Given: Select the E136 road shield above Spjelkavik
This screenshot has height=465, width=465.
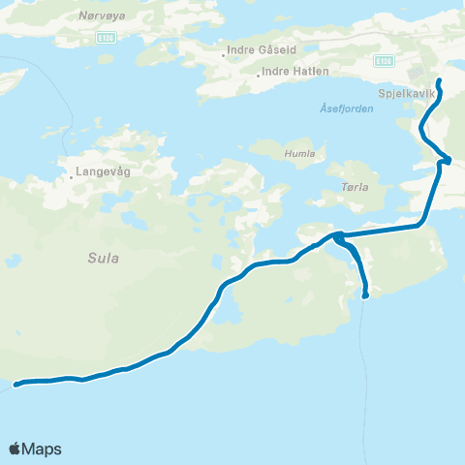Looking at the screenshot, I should coord(385,60).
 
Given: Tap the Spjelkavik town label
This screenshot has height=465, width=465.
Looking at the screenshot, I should coord(405,96).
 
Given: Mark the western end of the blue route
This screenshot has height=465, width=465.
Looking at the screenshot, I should coord(16,385).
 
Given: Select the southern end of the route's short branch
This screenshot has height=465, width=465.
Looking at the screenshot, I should coord(365,294).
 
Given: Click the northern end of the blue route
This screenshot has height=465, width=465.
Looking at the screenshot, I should coord(439,80).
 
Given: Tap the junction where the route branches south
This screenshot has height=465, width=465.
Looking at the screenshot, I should coord(338,235).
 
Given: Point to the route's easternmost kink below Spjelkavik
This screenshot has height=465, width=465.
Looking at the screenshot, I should coord(448,160).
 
